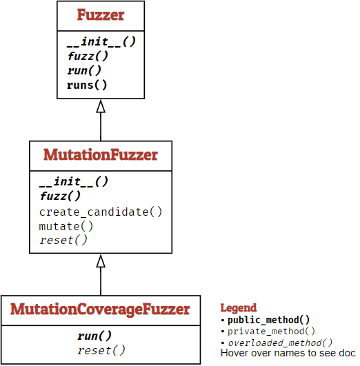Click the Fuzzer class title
tap(101, 15)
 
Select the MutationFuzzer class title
tap(101, 154)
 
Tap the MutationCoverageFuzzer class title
tap(101, 309)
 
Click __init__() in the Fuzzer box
tap(101, 41)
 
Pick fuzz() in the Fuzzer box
tap(88, 57)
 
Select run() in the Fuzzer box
tap(85, 71)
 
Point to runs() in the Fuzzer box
tap(88, 85)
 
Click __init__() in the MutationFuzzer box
tap(74, 182)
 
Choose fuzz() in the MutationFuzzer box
tap(61, 196)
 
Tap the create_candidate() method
tap(101, 212)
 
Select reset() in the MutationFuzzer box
tap(64, 240)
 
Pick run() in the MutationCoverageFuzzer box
tap(94, 336)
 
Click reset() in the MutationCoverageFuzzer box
tap(101, 351)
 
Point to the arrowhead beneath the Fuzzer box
tap(101, 106)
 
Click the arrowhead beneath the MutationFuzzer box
tap(101, 261)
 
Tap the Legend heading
tap(238, 308)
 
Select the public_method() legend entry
tap(269, 320)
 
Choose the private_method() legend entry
tap(272, 331)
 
